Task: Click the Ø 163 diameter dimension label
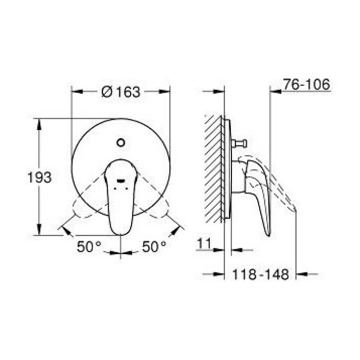121,92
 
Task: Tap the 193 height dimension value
39,178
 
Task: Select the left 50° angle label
89,246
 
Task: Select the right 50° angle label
154,246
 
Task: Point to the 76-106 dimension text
306,85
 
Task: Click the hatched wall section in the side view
213,167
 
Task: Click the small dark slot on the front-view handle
120,181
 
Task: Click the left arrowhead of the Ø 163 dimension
75,92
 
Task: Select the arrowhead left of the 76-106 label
274,92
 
